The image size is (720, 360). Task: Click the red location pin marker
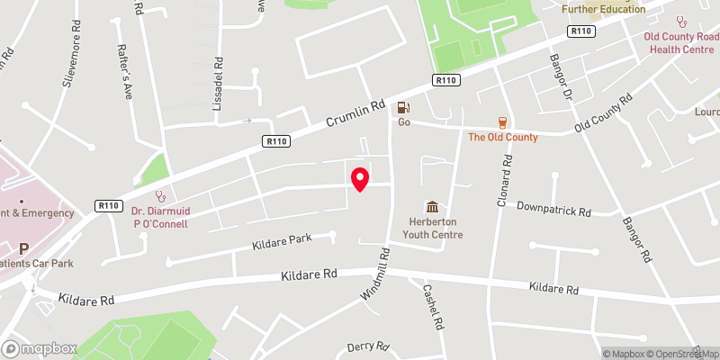pos(360,179)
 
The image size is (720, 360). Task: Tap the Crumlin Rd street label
pos(355,114)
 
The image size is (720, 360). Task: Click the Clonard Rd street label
pos(506,181)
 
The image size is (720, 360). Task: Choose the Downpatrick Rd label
pos(553,210)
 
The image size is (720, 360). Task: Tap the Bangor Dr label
pos(561,73)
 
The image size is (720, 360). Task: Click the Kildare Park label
pos(282,240)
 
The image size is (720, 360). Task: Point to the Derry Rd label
pos(368,346)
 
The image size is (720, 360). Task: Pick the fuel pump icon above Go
pos(404,107)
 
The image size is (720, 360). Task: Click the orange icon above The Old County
pos(502,122)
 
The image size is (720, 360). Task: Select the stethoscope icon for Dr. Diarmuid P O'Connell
pos(161,193)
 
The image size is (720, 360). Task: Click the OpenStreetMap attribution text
pos(682,354)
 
